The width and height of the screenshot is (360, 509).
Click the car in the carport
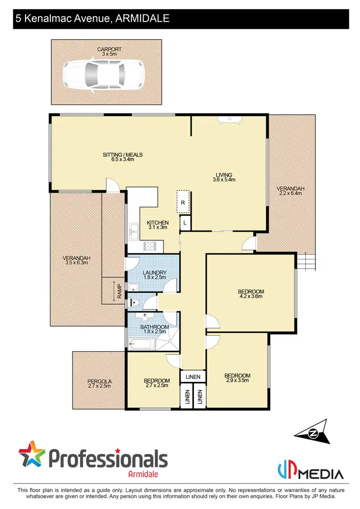(103, 73)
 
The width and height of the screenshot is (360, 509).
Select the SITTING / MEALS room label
(123, 157)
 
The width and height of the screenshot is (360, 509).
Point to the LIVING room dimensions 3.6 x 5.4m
(224, 180)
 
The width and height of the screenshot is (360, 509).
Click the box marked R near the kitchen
(183, 203)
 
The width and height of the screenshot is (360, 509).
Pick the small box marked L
(185, 223)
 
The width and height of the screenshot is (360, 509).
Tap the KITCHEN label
(157, 225)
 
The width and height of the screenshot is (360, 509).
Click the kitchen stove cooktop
(150, 247)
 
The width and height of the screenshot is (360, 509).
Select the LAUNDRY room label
(154, 275)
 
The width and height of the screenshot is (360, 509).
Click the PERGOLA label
(99, 383)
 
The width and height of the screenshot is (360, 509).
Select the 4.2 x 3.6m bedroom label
(251, 294)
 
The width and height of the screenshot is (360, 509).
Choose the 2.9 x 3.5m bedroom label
(237, 378)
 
